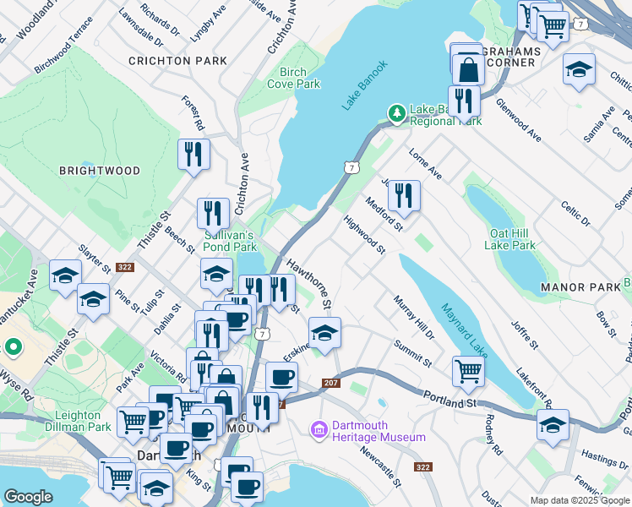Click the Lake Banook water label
coord(365,84)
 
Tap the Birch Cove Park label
coord(293,78)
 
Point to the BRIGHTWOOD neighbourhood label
coord(100,171)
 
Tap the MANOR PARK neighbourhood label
coord(580,288)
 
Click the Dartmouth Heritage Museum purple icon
coord(319,431)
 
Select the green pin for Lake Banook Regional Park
coord(395,112)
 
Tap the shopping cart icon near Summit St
coord(467,369)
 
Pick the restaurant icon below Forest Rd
coord(193,154)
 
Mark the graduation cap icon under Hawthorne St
coord(324,332)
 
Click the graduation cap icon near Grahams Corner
coord(579,69)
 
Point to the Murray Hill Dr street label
coord(413,317)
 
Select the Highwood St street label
coord(364,234)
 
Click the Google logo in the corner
coord(28,497)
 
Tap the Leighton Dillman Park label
coord(83,421)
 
